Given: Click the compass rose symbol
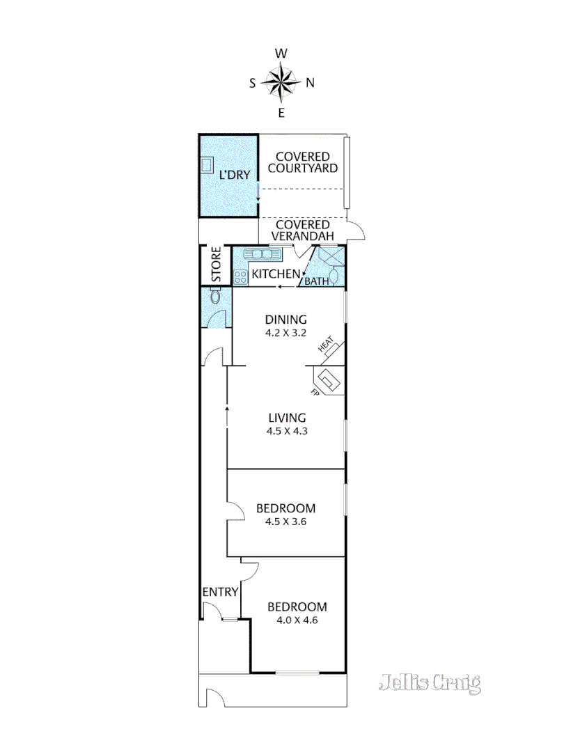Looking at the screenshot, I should [x=281, y=82].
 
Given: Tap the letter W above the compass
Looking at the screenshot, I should [x=281, y=54].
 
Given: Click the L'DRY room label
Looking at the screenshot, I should [x=234, y=175].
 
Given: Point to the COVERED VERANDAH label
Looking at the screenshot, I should [x=303, y=230].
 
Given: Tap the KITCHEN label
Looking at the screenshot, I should [x=276, y=274].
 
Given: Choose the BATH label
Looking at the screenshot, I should [x=317, y=282].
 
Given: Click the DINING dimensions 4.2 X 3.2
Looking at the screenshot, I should [x=285, y=333].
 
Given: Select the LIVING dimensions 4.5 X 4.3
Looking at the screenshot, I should [x=287, y=431].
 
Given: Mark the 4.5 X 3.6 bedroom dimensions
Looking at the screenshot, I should [x=285, y=521].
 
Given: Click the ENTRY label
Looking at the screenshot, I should [x=221, y=592].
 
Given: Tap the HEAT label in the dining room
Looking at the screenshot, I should [x=327, y=345].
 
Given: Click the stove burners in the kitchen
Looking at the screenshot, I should [x=241, y=276].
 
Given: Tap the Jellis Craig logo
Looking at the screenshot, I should [x=430, y=683].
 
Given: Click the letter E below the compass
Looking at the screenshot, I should [x=281, y=113].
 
